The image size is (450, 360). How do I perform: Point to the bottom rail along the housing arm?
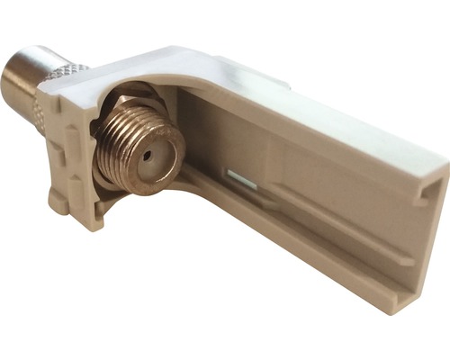point(288,252)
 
